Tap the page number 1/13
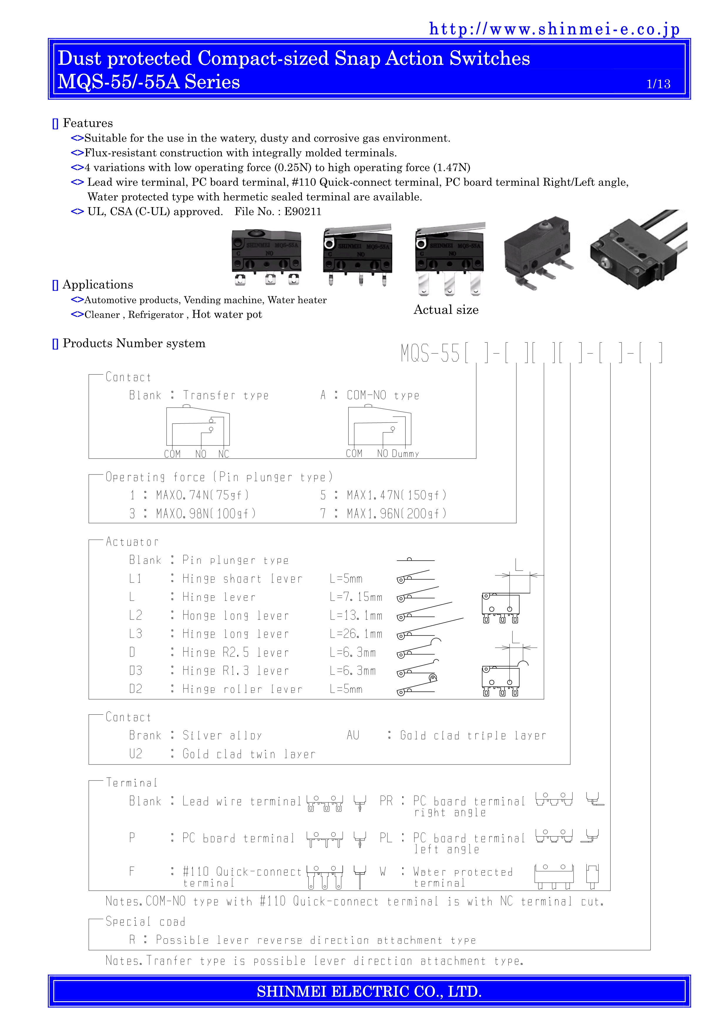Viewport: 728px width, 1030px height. click(658, 84)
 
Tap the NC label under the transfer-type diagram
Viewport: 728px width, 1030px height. click(223, 454)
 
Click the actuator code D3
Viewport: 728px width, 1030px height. click(135, 671)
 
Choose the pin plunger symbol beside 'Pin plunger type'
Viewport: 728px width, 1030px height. click(415, 560)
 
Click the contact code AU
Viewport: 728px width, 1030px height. click(353, 735)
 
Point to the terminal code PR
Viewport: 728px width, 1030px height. click(386, 801)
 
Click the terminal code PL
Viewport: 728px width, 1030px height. click(386, 838)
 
